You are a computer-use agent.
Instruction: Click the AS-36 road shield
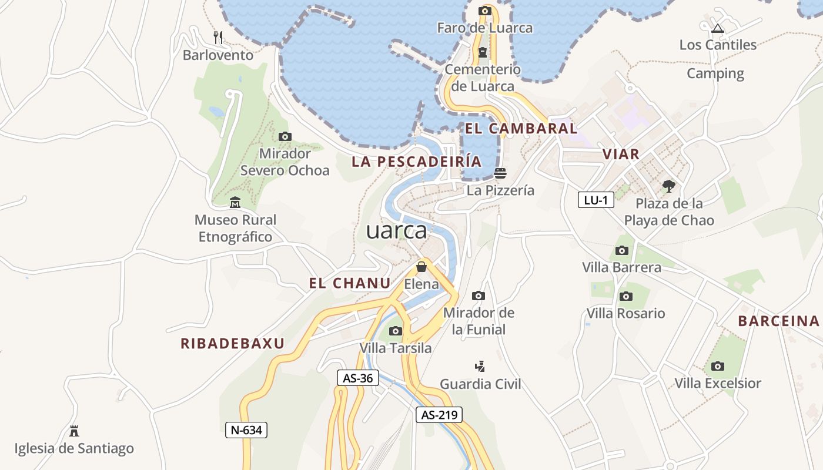coord(357,378)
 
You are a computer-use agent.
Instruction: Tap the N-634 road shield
coord(246,430)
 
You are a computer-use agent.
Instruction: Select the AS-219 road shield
coord(439,415)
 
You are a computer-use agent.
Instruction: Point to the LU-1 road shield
coord(595,200)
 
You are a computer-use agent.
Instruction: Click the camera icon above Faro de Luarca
coord(485,11)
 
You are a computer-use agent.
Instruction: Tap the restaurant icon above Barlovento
coord(218,38)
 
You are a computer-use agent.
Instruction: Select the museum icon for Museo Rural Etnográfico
coord(235,203)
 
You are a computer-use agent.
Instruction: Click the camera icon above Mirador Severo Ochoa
coord(285,137)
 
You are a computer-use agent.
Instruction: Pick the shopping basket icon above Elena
coord(421,267)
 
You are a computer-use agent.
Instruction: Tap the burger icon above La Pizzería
coord(500,173)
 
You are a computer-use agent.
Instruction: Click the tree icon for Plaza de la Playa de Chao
coord(668,187)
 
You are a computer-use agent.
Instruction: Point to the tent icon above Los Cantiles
coord(717,28)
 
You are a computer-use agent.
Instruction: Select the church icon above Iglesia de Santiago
coord(74,431)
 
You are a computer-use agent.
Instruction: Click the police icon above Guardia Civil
coord(480,367)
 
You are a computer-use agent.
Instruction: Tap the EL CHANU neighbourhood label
coord(350,283)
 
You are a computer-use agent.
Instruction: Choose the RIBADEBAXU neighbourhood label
coord(232,344)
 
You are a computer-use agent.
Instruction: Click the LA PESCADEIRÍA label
coord(416,162)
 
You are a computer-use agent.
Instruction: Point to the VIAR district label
coord(621,155)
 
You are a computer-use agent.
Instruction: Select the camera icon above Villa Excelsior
coord(717,367)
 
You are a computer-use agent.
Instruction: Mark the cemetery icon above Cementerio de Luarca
coord(483,52)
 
